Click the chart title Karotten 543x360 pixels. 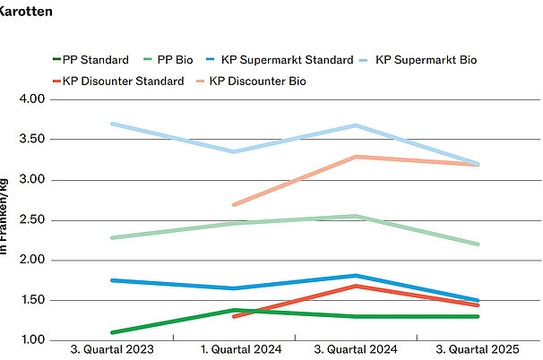[27, 13]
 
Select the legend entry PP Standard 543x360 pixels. [95, 60]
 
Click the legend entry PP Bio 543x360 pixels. [176, 60]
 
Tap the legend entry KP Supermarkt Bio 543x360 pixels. [426, 60]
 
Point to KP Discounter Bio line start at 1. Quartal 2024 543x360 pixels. [234, 204]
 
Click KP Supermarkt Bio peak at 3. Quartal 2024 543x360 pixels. [356, 125]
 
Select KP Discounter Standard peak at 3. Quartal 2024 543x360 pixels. [356, 286]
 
